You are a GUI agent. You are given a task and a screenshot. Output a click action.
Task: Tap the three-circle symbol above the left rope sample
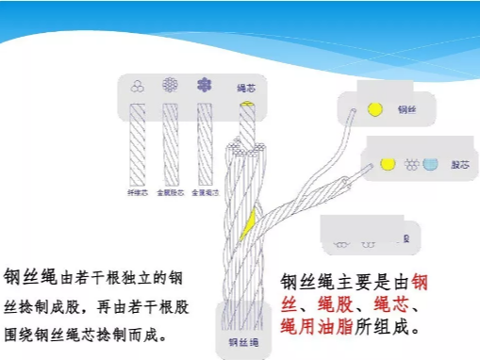click(139, 84)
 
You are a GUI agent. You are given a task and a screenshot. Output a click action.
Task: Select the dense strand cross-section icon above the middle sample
click(171, 84)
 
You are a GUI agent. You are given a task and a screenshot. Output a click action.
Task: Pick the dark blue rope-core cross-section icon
click(202, 84)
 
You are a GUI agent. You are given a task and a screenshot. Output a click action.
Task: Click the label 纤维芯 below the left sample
click(138, 191)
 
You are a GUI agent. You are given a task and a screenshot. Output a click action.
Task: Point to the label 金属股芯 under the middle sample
click(170, 191)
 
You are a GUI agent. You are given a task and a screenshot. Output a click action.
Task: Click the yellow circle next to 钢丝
click(374, 109)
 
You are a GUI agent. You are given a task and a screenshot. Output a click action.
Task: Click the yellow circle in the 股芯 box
click(386, 164)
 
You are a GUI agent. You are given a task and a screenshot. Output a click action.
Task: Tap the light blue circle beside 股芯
click(431, 164)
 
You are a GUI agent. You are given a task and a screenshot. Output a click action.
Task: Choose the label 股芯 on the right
click(460, 164)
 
